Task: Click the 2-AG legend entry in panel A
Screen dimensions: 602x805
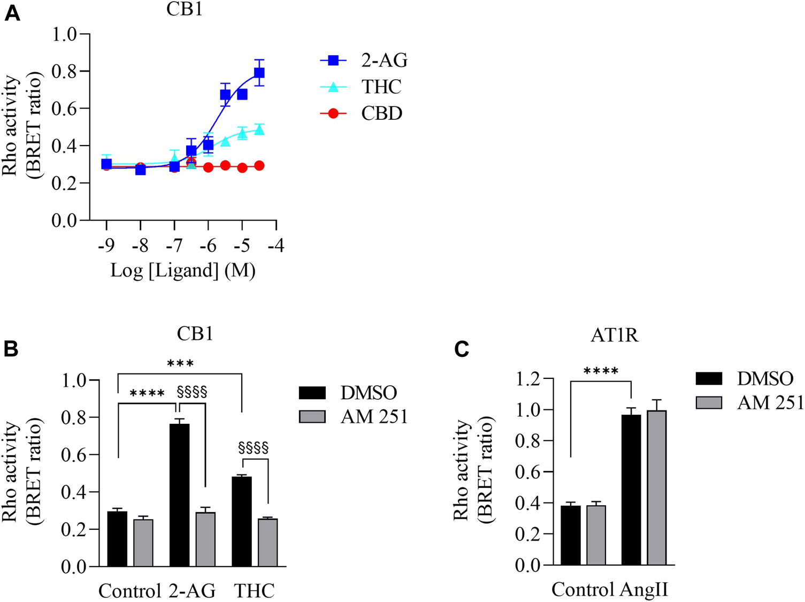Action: [x=364, y=60]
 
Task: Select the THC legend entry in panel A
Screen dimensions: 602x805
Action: [x=364, y=87]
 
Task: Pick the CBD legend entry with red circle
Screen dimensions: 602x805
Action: [x=364, y=113]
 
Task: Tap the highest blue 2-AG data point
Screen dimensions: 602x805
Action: [x=259, y=73]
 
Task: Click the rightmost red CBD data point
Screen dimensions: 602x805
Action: [x=259, y=166]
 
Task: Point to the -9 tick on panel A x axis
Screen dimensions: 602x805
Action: [x=106, y=246]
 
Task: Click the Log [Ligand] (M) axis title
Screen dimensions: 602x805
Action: [x=183, y=271]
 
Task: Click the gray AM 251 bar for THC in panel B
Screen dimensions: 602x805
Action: [x=267, y=542]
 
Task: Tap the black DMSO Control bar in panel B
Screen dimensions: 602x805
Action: [x=117, y=538]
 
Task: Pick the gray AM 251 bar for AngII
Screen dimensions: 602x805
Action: [x=656, y=487]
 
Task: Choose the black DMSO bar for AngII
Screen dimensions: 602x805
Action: [x=631, y=489]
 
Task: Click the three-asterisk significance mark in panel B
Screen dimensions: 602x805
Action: [x=180, y=364]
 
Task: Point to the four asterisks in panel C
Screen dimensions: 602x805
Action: [x=601, y=371]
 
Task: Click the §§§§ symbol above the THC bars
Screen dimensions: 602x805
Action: [x=253, y=447]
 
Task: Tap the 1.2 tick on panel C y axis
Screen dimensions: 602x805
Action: [x=527, y=379]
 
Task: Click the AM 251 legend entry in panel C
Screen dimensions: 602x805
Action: [x=749, y=402]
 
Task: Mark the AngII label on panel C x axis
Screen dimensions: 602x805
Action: [x=644, y=590]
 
